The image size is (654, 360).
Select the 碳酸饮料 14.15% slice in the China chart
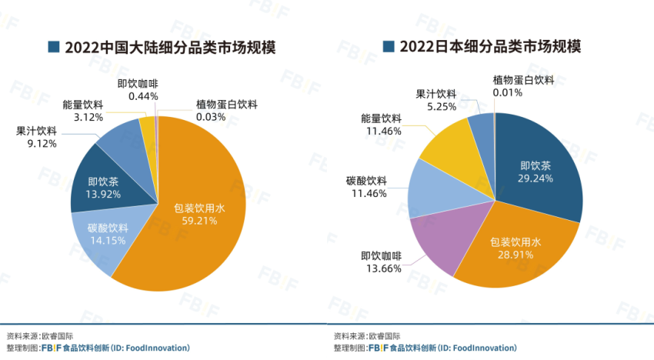108,235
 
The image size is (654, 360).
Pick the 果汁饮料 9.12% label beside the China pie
36,136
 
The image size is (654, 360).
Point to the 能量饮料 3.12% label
83,112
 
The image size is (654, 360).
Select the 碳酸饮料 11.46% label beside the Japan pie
367,186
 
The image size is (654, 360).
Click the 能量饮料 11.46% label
382,125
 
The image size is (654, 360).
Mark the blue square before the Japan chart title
388,47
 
